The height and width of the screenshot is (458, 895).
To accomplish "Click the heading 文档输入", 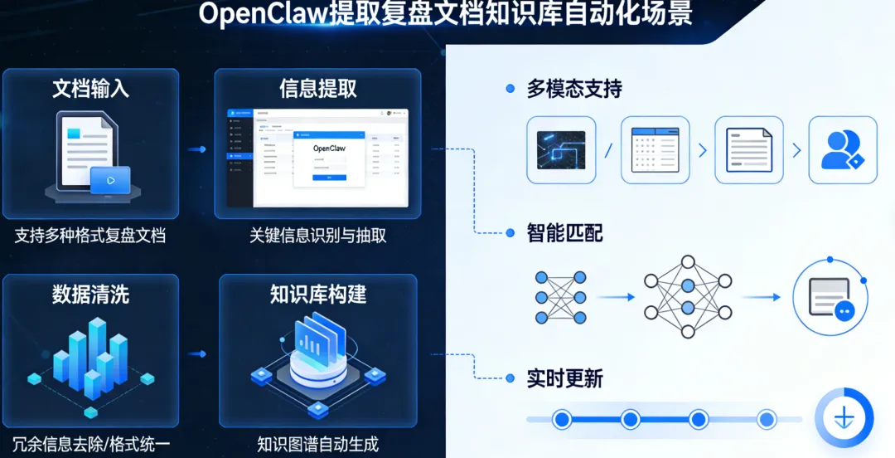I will point(90,89).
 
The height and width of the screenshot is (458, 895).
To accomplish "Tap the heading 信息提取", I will point(318,89).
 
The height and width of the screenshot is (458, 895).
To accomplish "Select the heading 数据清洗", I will point(90,294).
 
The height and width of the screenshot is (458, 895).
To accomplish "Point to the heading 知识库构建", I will point(318,294).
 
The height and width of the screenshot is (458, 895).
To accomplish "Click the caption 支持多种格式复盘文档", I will point(90,236).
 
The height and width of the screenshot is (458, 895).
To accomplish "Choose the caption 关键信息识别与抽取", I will point(318,236).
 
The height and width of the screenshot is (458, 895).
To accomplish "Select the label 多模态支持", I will point(574,89).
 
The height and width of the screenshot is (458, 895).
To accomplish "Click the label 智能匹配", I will point(564,233).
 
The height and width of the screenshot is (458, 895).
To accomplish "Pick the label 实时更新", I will point(564,379).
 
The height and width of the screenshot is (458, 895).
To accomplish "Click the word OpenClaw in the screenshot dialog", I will point(329,149).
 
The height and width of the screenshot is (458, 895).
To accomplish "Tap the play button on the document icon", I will point(110,179).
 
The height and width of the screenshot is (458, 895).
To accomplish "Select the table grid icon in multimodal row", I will point(655,150).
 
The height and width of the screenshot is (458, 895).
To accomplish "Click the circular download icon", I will point(844,417).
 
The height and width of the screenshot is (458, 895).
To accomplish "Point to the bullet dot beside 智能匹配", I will point(510,234).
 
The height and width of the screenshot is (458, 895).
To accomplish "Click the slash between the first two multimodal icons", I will point(607,150).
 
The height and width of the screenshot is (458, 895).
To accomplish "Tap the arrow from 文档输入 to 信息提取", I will point(196,149).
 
